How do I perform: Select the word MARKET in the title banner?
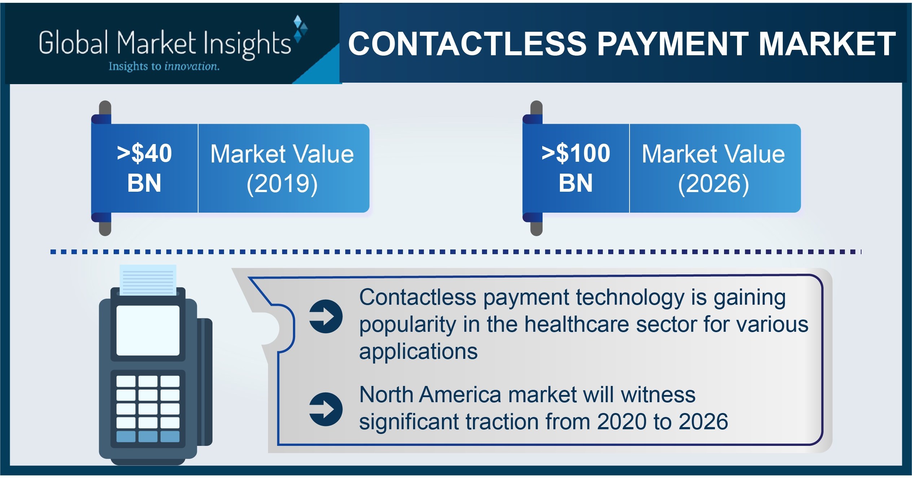coord(827,44)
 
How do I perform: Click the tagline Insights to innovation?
coord(164,66)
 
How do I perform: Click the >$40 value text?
coord(144,153)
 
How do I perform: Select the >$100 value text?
coord(576,153)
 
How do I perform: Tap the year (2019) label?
coord(282,184)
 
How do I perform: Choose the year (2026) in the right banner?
coord(714,184)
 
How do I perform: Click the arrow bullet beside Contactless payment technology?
coord(326,316)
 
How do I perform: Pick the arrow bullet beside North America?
coord(326,409)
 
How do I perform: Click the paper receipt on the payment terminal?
coord(148,280)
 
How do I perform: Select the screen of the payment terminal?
coord(148,330)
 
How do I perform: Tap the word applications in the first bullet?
coord(418,352)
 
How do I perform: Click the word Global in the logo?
coord(74,43)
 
